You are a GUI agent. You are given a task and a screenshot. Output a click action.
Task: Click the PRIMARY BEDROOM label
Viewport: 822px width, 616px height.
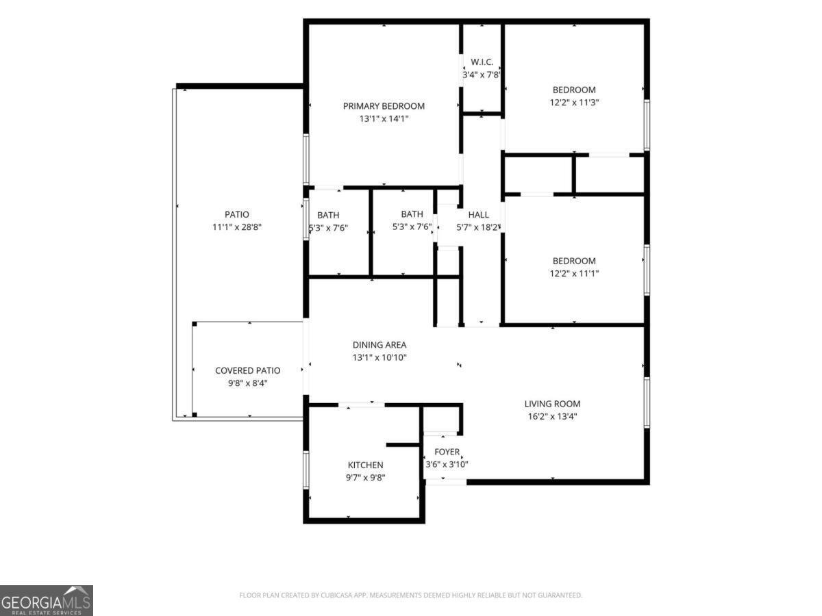tap(384, 106)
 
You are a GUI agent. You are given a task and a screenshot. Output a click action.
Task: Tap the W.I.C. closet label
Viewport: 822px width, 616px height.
tap(482, 62)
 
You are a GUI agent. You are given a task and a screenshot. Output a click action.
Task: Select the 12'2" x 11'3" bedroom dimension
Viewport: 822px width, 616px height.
tap(574, 103)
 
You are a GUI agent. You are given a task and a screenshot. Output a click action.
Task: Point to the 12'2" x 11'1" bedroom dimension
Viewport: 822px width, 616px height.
tap(574, 273)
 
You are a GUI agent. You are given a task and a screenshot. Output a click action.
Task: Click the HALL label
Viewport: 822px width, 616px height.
tap(478, 215)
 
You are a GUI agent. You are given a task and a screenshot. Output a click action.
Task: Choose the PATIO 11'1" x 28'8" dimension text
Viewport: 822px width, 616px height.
tap(237, 227)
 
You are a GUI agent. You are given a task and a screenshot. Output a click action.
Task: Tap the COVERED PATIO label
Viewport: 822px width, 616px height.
tap(247, 371)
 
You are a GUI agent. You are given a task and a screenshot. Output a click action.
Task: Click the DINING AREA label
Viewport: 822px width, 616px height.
tap(379, 345)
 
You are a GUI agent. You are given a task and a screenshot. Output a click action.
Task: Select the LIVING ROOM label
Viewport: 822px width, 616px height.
tap(552, 404)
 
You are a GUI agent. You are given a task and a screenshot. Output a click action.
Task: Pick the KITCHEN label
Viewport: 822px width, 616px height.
tap(366, 465)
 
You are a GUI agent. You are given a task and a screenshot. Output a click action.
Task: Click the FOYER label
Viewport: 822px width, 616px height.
tap(447, 452)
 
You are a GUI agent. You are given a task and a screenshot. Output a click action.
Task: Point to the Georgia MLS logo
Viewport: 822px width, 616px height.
tap(47, 600)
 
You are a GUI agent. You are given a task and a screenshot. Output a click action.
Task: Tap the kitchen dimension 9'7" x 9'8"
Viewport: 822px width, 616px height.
tap(366, 478)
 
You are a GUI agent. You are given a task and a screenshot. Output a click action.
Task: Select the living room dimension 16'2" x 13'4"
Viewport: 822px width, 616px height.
tap(552, 417)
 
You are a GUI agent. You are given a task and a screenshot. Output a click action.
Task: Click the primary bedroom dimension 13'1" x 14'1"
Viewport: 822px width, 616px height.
tap(384, 119)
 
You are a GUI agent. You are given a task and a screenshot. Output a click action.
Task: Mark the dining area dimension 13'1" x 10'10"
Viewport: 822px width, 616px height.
tap(379, 357)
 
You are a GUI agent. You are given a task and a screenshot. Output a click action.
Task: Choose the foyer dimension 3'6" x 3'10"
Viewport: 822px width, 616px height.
tap(447, 465)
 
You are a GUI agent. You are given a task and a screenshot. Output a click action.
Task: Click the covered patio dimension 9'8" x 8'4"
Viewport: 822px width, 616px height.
tap(247, 383)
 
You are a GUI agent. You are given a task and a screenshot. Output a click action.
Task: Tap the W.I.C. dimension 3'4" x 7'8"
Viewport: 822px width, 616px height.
tap(482, 75)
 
